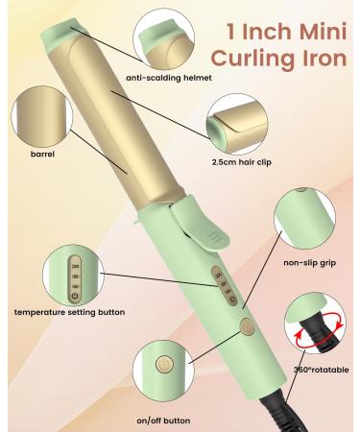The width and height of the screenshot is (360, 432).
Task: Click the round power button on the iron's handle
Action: pos(246,327)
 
